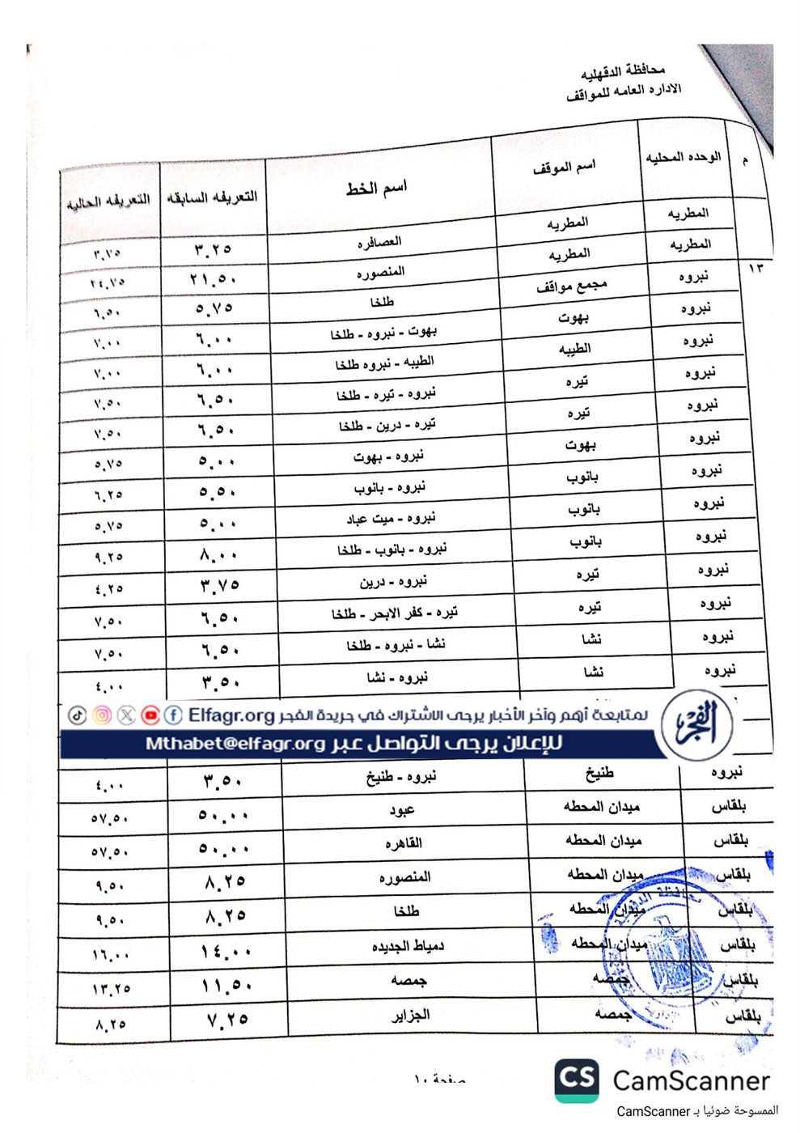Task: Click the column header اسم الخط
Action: point(376,189)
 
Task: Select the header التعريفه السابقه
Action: point(212,197)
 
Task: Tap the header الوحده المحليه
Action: point(683,157)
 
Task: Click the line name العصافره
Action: point(379,242)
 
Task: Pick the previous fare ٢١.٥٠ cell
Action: point(214,279)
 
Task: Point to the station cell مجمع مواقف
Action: point(571,286)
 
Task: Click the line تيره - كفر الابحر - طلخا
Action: point(394,613)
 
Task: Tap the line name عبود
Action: point(402,810)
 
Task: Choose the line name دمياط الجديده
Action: point(408,945)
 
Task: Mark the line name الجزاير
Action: point(411,1015)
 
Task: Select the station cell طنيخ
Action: point(599,774)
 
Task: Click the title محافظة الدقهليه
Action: point(623,72)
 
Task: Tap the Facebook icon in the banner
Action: point(173,715)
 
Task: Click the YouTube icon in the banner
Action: point(150,715)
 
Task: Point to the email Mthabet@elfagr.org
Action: point(235,743)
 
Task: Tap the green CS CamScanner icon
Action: point(577,1080)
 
